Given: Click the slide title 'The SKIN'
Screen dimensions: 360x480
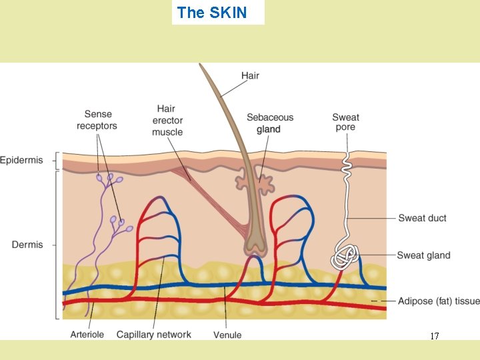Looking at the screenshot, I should click(x=212, y=12).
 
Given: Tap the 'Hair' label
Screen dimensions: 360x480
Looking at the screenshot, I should click(x=250, y=75).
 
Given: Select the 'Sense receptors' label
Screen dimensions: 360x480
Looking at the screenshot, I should click(x=97, y=120).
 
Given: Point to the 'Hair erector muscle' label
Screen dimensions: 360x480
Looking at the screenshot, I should click(x=167, y=120).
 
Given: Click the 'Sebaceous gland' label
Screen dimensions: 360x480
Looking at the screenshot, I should click(x=270, y=123).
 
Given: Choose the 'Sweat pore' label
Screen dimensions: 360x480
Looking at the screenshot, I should click(x=345, y=122).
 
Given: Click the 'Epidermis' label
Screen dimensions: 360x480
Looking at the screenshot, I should click(x=21, y=160).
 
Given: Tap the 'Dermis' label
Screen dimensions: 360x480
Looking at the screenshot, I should click(x=27, y=245).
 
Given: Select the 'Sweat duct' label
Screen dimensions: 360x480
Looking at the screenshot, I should click(x=422, y=218).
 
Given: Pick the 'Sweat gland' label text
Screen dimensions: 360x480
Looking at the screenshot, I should click(x=423, y=255).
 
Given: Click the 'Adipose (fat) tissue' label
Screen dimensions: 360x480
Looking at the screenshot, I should click(x=439, y=301).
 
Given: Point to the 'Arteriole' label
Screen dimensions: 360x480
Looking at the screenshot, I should click(x=87, y=335).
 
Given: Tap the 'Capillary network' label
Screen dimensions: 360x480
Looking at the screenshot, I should click(x=154, y=335).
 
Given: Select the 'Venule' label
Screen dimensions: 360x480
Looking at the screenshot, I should click(x=227, y=335).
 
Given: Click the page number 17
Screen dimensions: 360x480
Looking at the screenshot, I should click(x=435, y=337).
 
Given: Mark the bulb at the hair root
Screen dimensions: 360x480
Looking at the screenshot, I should click(x=255, y=247).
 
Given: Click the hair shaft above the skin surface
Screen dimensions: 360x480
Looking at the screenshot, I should click(x=223, y=107).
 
